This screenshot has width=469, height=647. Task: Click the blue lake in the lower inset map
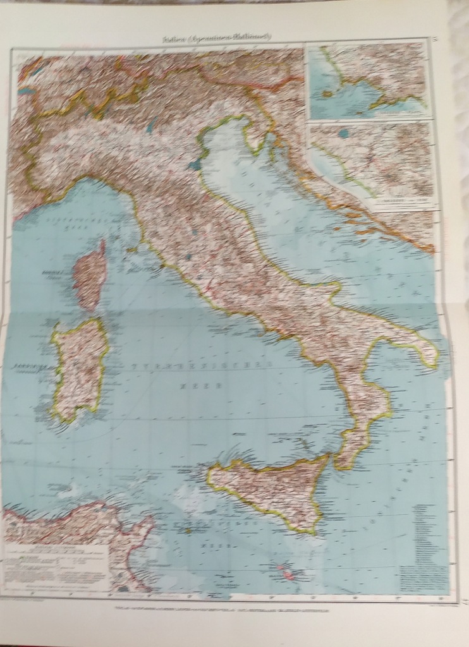click(x=343, y=133)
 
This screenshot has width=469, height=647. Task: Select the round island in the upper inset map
click(x=327, y=93)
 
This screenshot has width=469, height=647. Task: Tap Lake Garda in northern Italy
click(x=151, y=126)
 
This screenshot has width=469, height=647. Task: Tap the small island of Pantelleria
click(x=188, y=531)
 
